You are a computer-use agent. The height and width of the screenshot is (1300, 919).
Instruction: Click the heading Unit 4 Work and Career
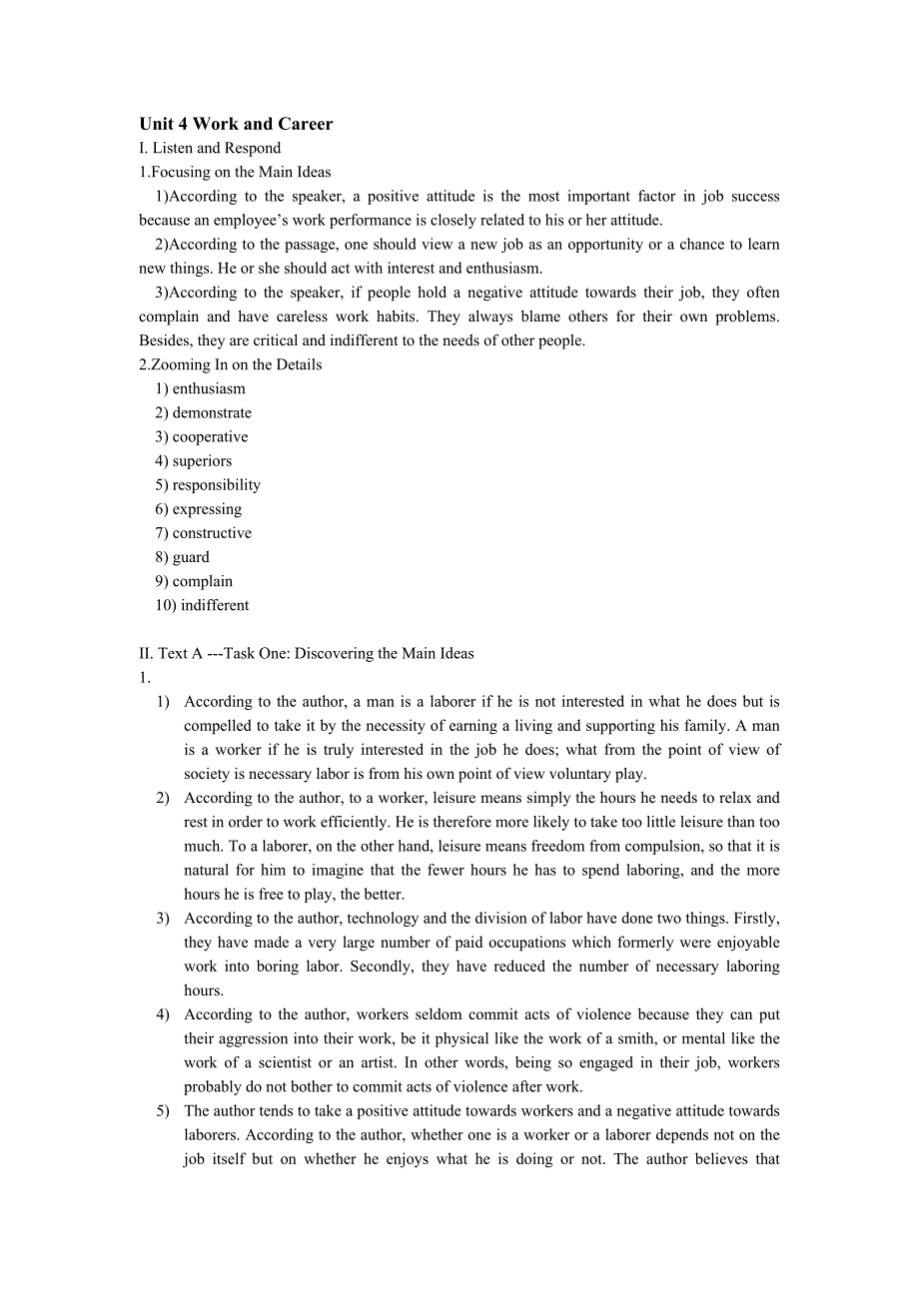(x=236, y=124)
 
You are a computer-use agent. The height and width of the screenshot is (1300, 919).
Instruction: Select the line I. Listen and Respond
(x=210, y=149)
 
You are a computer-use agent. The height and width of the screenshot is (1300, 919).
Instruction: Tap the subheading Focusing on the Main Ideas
(x=235, y=173)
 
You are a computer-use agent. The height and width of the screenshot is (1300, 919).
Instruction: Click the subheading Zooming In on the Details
(x=230, y=364)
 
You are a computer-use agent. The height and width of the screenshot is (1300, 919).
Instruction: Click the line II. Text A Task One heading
(x=307, y=654)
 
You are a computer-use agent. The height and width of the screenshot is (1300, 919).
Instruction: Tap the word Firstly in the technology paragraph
(x=756, y=919)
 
